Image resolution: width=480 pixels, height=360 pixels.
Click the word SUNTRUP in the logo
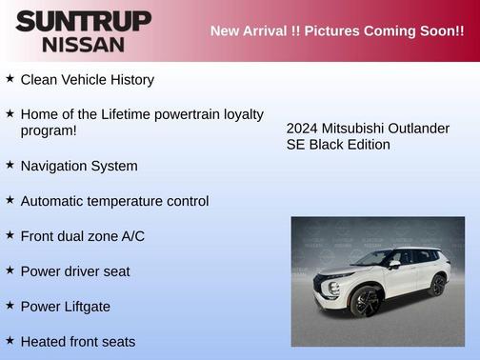tap(83, 20)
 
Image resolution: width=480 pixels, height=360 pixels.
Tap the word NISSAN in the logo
tap(83, 44)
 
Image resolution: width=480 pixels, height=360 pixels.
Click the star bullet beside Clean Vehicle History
tap(10, 79)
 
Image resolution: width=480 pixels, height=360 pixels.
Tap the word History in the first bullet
tap(128, 80)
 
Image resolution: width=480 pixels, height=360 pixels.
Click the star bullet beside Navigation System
tap(10, 165)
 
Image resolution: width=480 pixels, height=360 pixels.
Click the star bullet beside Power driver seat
tap(10, 270)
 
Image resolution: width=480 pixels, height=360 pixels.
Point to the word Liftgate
tap(86, 307)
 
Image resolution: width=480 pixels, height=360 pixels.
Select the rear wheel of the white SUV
tap(437, 285)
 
